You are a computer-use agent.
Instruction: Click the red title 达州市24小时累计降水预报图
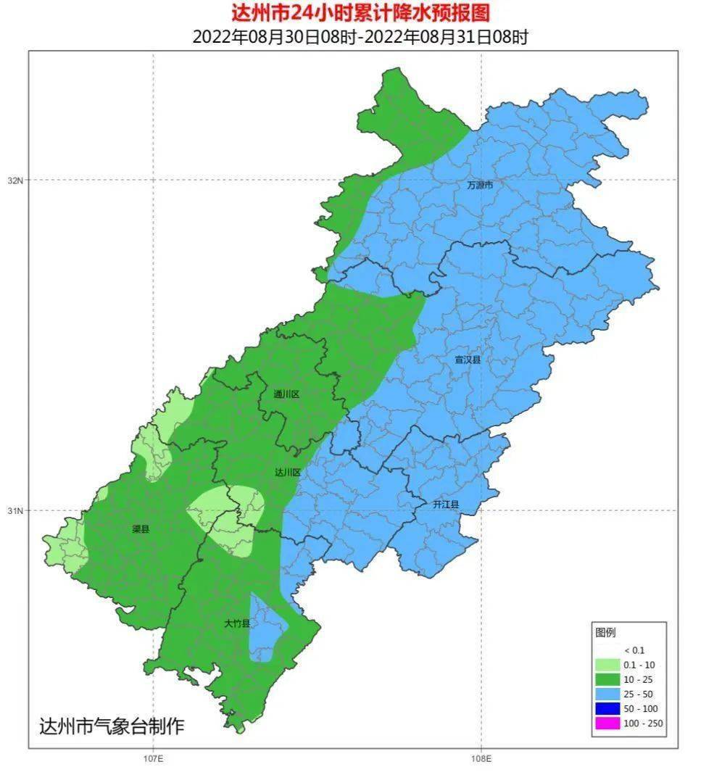tap(360, 13)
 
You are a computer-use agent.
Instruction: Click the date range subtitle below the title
tap(360, 36)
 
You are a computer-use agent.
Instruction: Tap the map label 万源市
tap(480, 186)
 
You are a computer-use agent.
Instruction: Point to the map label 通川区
tap(286, 394)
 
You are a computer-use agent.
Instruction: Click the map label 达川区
tap(287, 472)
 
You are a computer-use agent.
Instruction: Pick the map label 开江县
tap(446, 504)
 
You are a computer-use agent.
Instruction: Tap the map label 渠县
tap(140, 529)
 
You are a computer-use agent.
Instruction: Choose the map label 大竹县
tap(237, 623)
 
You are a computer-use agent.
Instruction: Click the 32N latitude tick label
tap(15, 181)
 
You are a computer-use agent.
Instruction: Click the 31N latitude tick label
tap(15, 511)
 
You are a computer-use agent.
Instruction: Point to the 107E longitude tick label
tap(153, 759)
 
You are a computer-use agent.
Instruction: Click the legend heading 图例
tap(605, 633)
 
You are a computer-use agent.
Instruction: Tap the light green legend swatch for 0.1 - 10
tap(607, 665)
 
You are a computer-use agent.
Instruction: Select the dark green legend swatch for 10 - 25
tap(607, 679)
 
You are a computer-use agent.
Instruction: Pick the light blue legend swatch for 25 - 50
tap(607, 694)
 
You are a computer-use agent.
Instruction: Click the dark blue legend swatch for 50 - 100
tap(607, 708)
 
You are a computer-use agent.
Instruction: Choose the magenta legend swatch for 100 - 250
tap(607, 723)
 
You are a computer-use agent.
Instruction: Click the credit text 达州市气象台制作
tap(112, 726)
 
